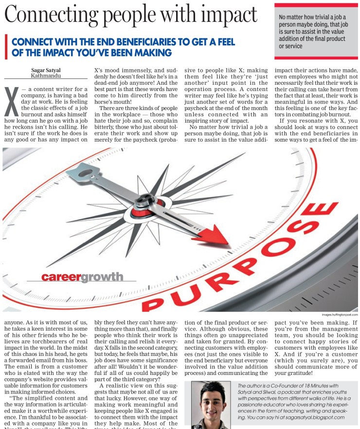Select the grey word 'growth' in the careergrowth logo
[101, 278]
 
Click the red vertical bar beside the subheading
[5, 46]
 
